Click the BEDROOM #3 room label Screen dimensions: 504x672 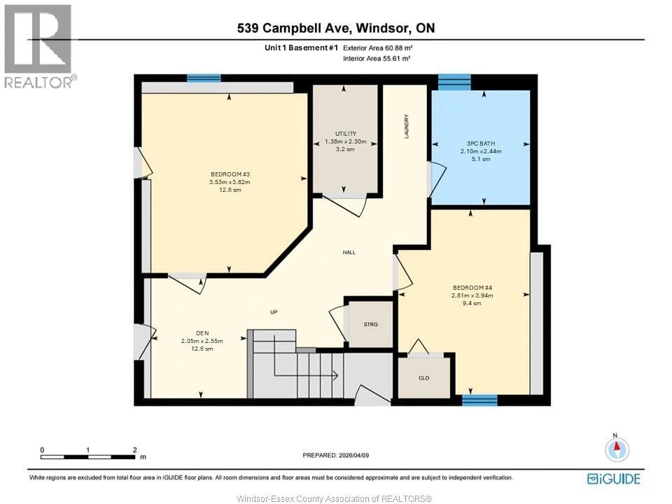point(230,174)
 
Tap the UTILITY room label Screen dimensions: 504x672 point(346,134)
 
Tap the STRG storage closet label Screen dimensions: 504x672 point(370,324)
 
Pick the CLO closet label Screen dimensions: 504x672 point(423,378)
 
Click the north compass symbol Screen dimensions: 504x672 point(617,449)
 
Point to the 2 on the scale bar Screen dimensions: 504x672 point(134,450)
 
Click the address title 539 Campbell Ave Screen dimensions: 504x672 point(335,29)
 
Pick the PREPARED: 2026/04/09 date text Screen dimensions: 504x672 point(336,454)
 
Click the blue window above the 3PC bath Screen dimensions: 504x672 point(454,82)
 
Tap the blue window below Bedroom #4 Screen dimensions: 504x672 point(479,400)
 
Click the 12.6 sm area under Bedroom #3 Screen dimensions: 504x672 point(230,190)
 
